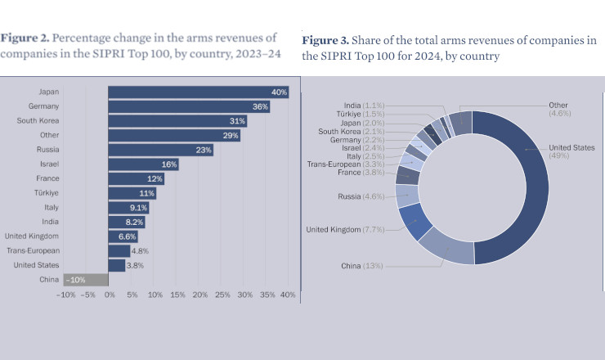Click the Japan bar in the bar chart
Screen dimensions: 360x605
[199, 92]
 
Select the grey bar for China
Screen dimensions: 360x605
[92, 280]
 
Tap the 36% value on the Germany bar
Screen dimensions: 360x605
[261, 107]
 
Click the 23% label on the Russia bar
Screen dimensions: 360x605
[204, 150]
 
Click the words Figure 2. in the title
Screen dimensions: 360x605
[28, 38]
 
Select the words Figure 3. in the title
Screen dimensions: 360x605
[326, 41]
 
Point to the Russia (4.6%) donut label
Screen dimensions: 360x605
[361, 197]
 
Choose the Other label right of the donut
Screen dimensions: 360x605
[558, 106]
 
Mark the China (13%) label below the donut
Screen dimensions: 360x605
[362, 266]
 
